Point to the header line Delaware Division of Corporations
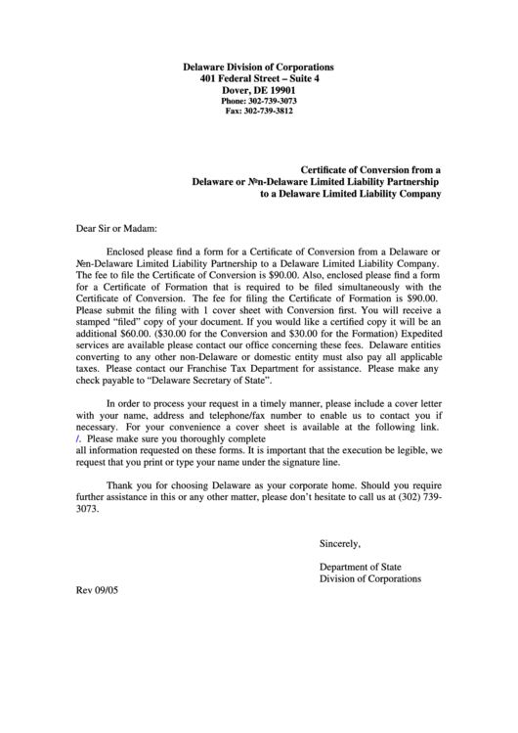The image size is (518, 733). tap(259, 66)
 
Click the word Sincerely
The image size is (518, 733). tap(340, 543)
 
